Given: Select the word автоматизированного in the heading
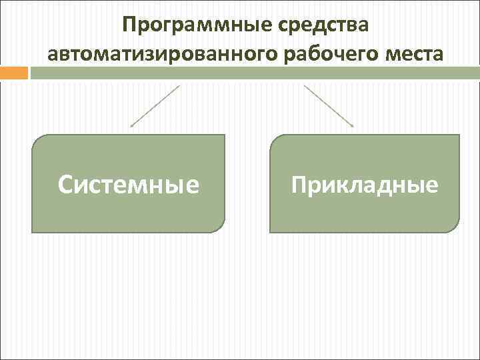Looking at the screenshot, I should (163, 53).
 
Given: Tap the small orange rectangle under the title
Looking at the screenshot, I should (14, 73).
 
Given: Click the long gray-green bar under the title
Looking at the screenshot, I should (253, 73).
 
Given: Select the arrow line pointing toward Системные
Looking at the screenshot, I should (155, 105).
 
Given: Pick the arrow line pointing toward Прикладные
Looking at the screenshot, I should (329, 105).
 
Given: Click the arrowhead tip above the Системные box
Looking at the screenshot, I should (131, 126).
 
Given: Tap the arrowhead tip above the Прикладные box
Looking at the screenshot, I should (353, 126).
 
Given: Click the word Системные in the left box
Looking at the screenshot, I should (129, 185).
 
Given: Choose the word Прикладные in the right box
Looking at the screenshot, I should (365, 184).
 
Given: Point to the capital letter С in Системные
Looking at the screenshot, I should (66, 185).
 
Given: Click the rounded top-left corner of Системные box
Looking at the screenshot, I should (37, 140).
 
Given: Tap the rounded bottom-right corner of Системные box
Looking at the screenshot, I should (220, 227).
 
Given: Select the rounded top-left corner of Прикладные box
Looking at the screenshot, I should (275, 140).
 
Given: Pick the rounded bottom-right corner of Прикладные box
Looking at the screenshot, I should (455, 227).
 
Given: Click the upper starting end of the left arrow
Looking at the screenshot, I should (179, 85).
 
